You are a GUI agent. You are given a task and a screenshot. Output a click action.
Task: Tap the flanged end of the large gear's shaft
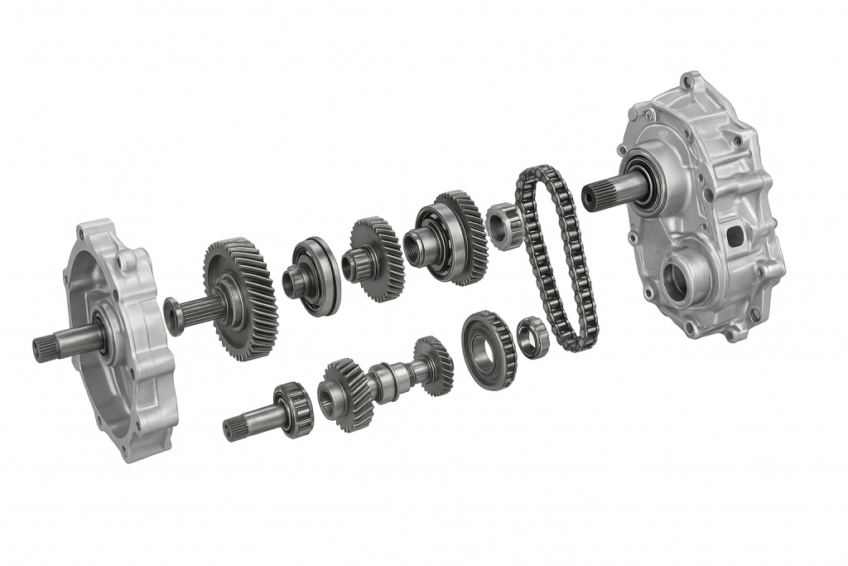(x=174, y=316)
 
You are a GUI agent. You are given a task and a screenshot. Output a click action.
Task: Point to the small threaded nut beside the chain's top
(x=504, y=225)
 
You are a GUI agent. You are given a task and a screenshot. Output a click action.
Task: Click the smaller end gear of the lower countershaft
(x=433, y=365)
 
